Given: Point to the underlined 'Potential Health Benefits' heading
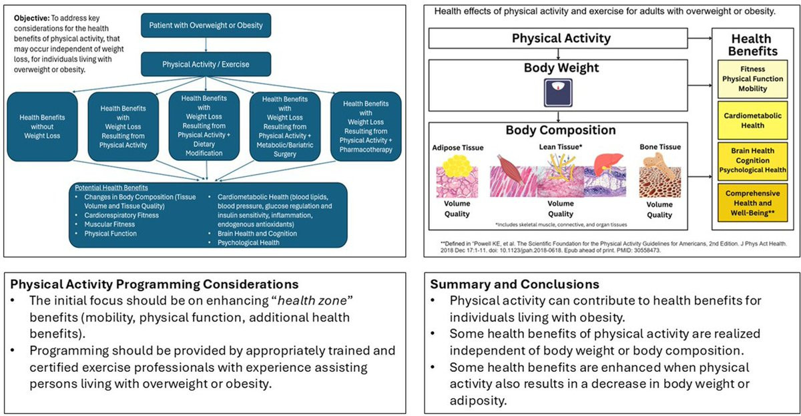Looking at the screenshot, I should (x=111, y=188).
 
